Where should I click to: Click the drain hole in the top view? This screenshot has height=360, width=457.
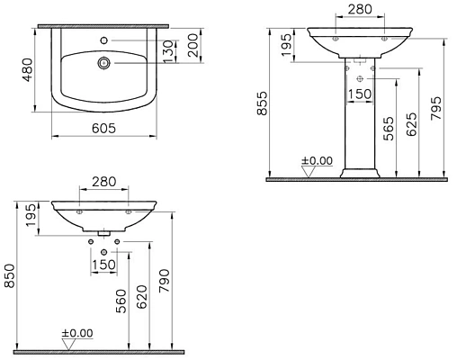105,63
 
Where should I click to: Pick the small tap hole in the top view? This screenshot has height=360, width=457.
105,40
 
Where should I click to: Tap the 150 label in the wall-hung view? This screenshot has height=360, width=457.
105,265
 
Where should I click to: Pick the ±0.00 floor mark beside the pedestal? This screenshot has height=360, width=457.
317,161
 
